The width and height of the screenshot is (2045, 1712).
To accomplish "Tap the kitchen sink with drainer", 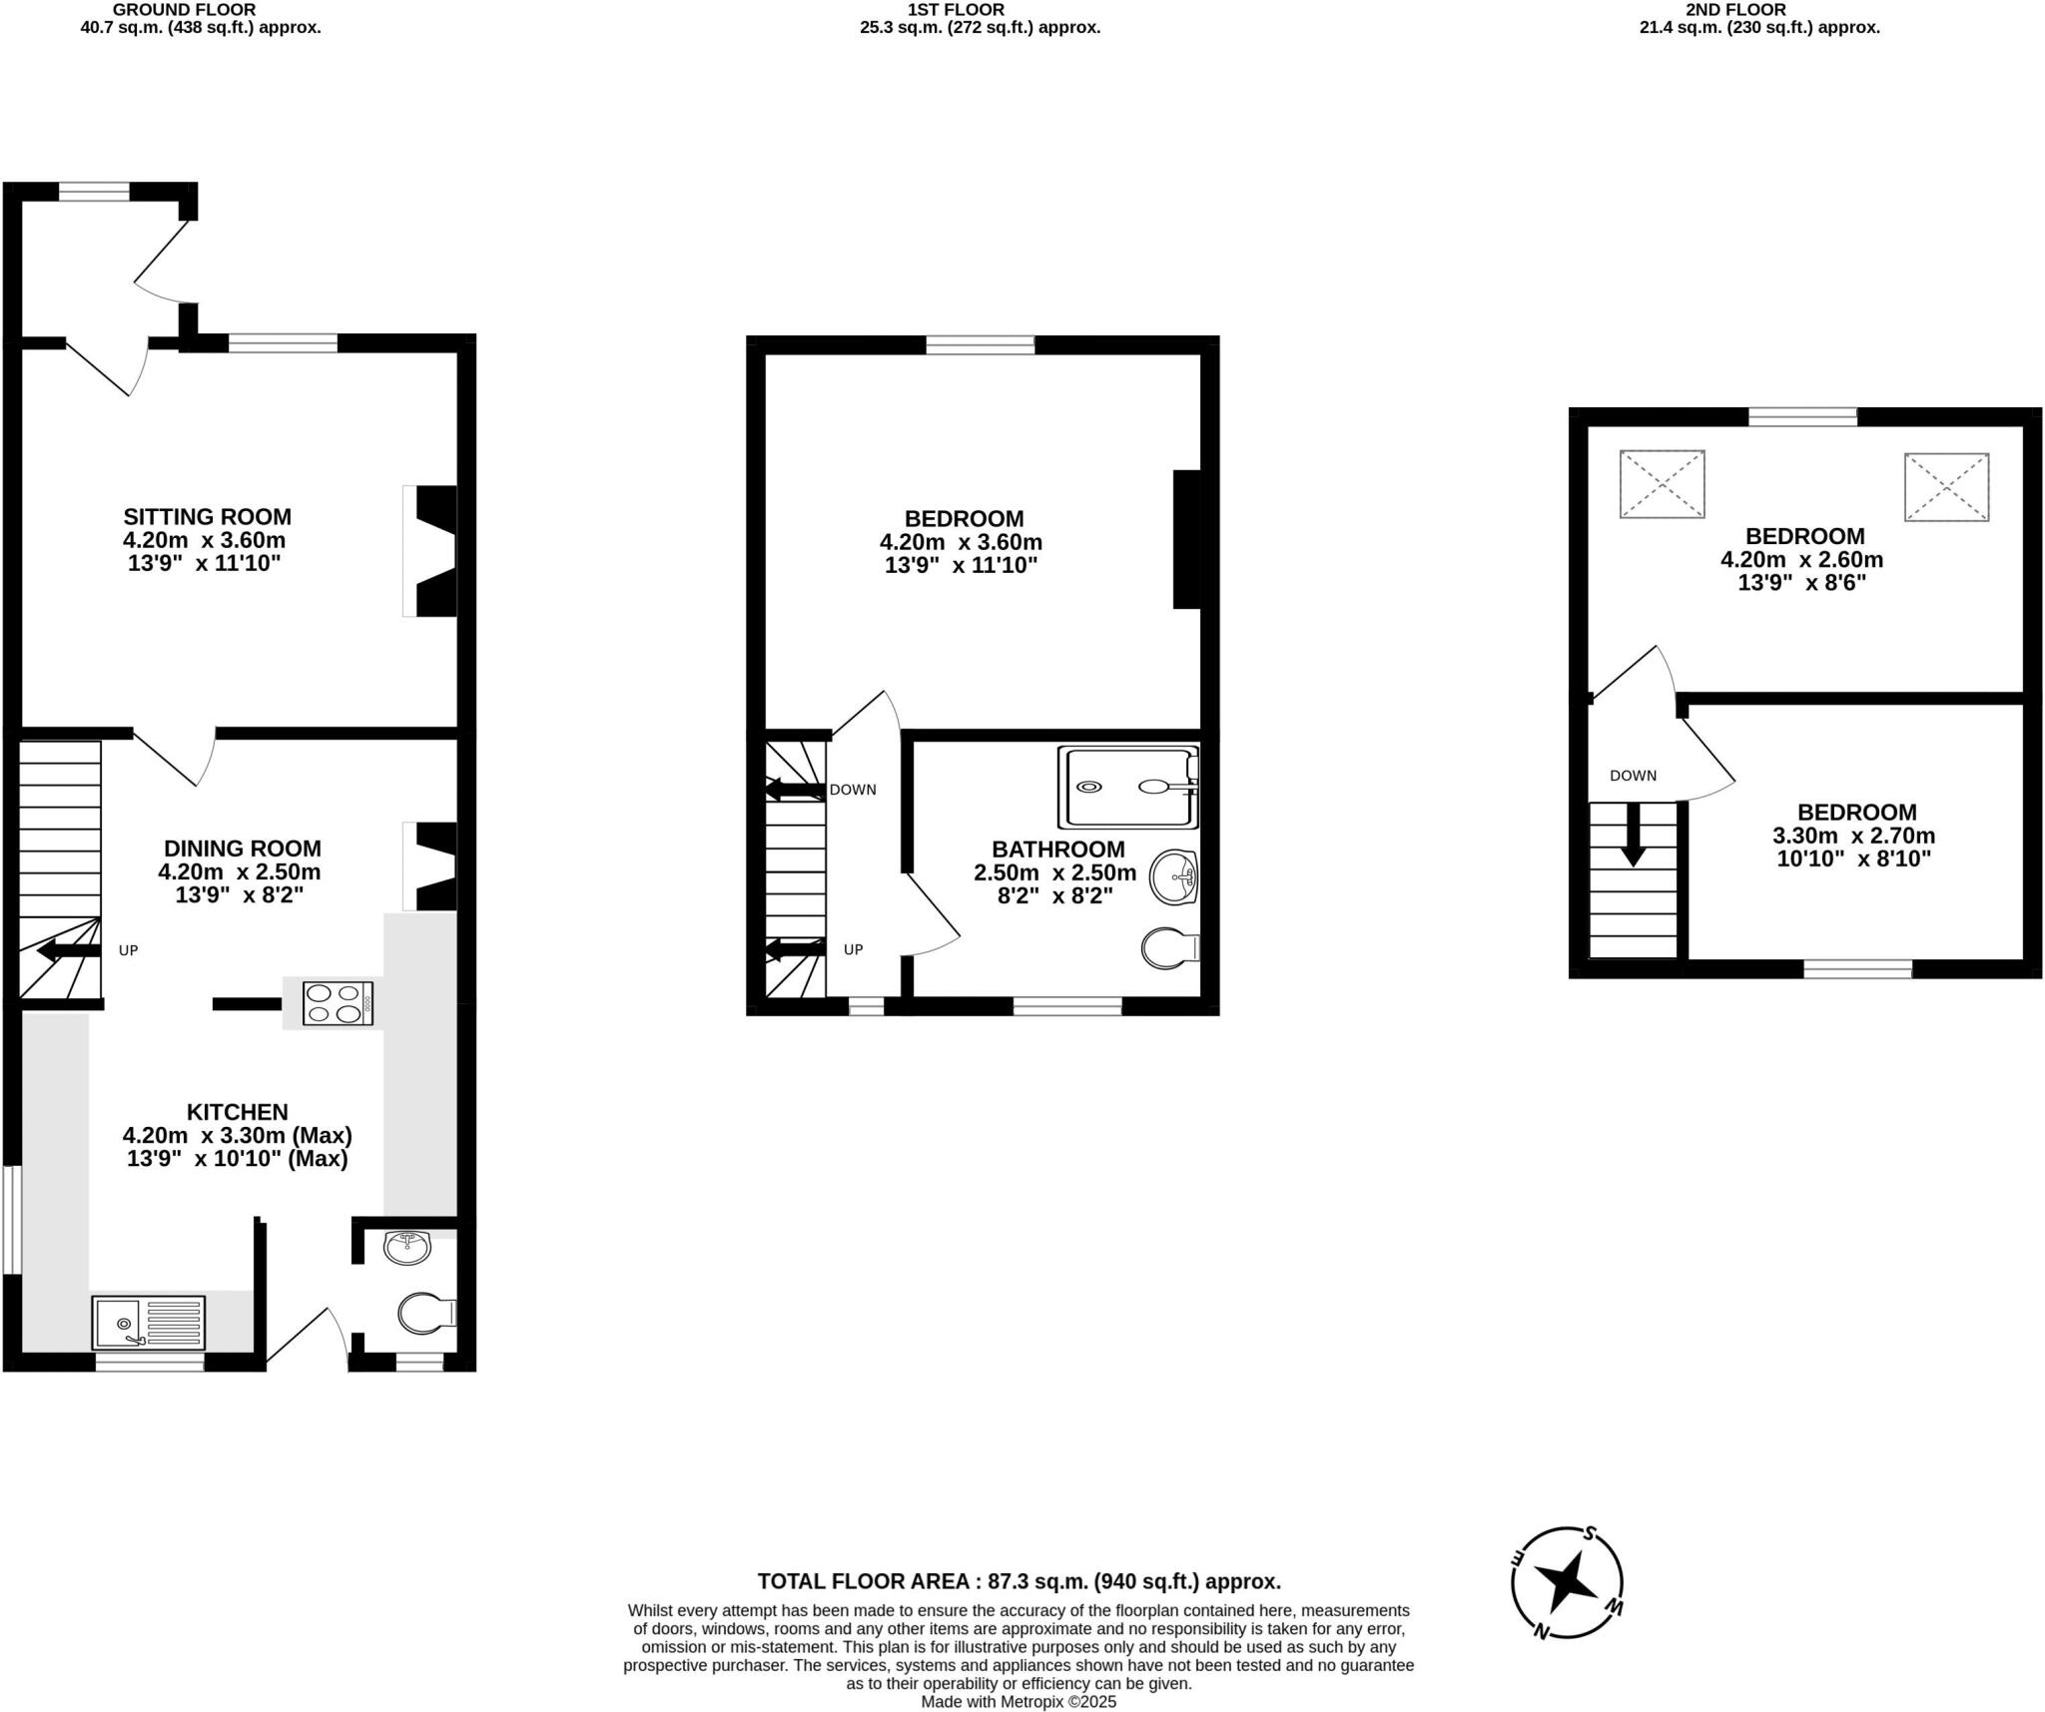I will coord(148,1323).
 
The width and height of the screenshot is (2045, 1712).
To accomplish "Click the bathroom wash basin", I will coord(1174,877).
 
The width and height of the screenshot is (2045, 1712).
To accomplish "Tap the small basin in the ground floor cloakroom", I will coord(406,1247).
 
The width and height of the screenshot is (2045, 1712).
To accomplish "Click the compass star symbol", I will coord(1566,1581).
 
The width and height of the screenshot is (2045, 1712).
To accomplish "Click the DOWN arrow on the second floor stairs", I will coord(1633,834).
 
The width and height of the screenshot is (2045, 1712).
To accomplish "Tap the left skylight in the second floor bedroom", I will coord(1662,484).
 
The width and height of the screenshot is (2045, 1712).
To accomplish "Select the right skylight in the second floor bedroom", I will coord(1946,487).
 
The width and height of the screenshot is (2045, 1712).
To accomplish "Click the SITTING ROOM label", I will coord(207,517).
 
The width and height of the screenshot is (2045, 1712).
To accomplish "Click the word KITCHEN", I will coord(237,1112).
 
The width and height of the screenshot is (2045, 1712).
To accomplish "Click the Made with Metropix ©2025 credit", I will coord(1019,1702).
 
